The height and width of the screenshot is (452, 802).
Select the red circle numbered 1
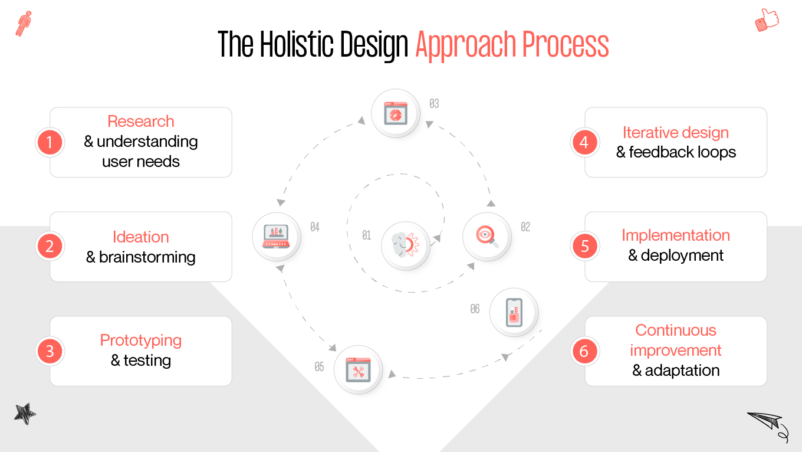coord(50,142)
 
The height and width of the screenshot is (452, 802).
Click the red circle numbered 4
coord(584,142)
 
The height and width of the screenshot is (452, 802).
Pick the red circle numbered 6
coord(584,351)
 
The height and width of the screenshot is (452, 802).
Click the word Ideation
coord(141,237)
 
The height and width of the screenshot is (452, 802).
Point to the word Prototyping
coord(141,340)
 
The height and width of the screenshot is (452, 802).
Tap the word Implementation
coord(676,235)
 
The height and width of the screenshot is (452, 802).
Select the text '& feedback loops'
coord(676,152)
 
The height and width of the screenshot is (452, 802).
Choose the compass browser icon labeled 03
coord(396,113)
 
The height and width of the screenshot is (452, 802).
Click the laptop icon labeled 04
coord(277,236)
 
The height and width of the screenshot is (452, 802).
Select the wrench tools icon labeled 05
coord(358,369)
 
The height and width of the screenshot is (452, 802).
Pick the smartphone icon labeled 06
coord(514,312)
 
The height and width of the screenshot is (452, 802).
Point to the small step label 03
coord(434,104)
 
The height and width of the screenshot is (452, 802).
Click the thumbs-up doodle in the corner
coord(767,20)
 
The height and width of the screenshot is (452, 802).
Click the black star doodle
coord(25,414)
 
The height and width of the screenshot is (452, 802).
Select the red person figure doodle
coord(24,24)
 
